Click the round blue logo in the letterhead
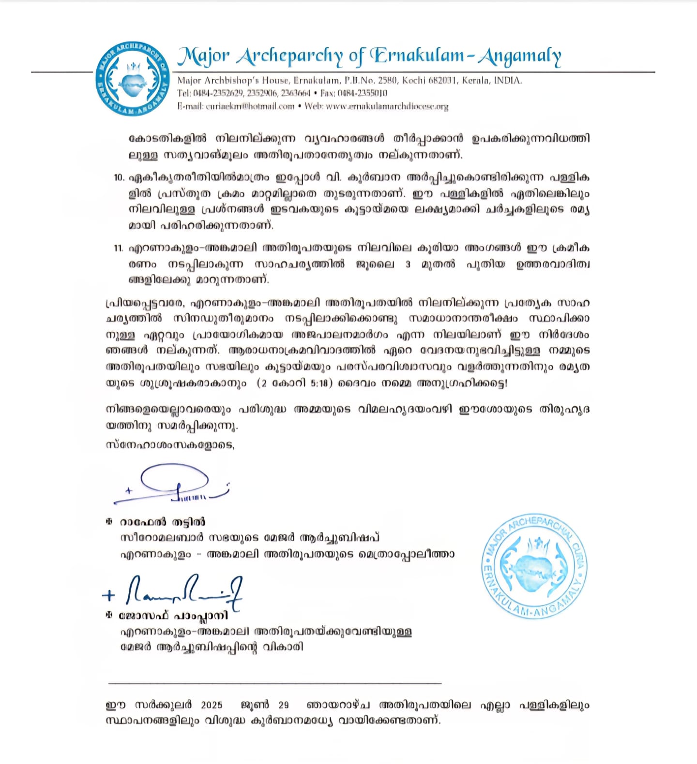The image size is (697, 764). [x=132, y=79]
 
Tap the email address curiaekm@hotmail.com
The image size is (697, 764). [x=250, y=106]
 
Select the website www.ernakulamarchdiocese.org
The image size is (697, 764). [x=387, y=106]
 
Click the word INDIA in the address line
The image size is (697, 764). [x=508, y=80]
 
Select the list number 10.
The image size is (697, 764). [x=119, y=177]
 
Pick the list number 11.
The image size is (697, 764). [x=119, y=248]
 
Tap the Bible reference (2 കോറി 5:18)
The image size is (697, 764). [x=294, y=383]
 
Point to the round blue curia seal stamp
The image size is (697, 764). [x=534, y=566]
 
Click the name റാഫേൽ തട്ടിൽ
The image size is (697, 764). [x=163, y=522]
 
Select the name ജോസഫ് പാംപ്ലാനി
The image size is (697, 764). [x=173, y=616]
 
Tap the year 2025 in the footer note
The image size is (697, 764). [x=212, y=705]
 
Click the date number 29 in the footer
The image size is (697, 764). [x=284, y=705]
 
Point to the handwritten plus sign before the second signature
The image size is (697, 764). [x=109, y=595]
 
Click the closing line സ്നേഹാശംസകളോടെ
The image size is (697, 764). [x=170, y=445]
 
